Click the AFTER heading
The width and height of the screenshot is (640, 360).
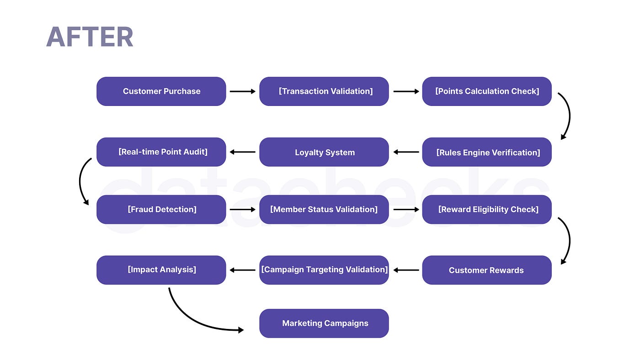pyautogui.click(x=90, y=37)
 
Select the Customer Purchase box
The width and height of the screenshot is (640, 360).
pyautogui.click(x=161, y=91)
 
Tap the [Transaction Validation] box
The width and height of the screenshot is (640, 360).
pyautogui.click(x=324, y=91)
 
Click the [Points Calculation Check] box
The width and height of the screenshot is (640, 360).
pyautogui.click(x=487, y=91)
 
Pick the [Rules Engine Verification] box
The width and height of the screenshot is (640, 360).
pyautogui.click(x=487, y=152)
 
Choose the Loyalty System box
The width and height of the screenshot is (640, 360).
pyautogui.click(x=324, y=152)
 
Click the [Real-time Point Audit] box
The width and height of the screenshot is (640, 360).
pyautogui.click(x=161, y=152)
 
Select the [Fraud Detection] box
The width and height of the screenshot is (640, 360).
pyautogui.click(x=161, y=209)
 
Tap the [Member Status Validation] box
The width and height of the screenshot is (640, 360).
pyautogui.click(x=324, y=209)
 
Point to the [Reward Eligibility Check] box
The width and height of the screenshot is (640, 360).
pyautogui.click(x=487, y=209)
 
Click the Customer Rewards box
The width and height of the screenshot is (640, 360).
pyautogui.click(x=487, y=270)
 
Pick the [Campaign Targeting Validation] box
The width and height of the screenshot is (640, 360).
pyautogui.click(x=324, y=270)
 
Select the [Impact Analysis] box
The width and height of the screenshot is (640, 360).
pyautogui.click(x=161, y=270)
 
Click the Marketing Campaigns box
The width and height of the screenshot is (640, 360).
pyautogui.click(x=324, y=323)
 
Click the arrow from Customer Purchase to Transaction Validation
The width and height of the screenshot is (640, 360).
pyautogui.click(x=243, y=91)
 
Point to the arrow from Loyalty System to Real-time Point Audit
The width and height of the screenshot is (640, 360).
pyautogui.click(x=243, y=152)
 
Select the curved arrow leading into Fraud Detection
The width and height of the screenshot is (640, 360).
pyautogui.click(x=80, y=181)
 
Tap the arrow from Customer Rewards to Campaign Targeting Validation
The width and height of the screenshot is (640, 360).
pyautogui.click(x=406, y=270)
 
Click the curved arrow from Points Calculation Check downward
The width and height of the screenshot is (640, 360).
pyautogui.click(x=570, y=116)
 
